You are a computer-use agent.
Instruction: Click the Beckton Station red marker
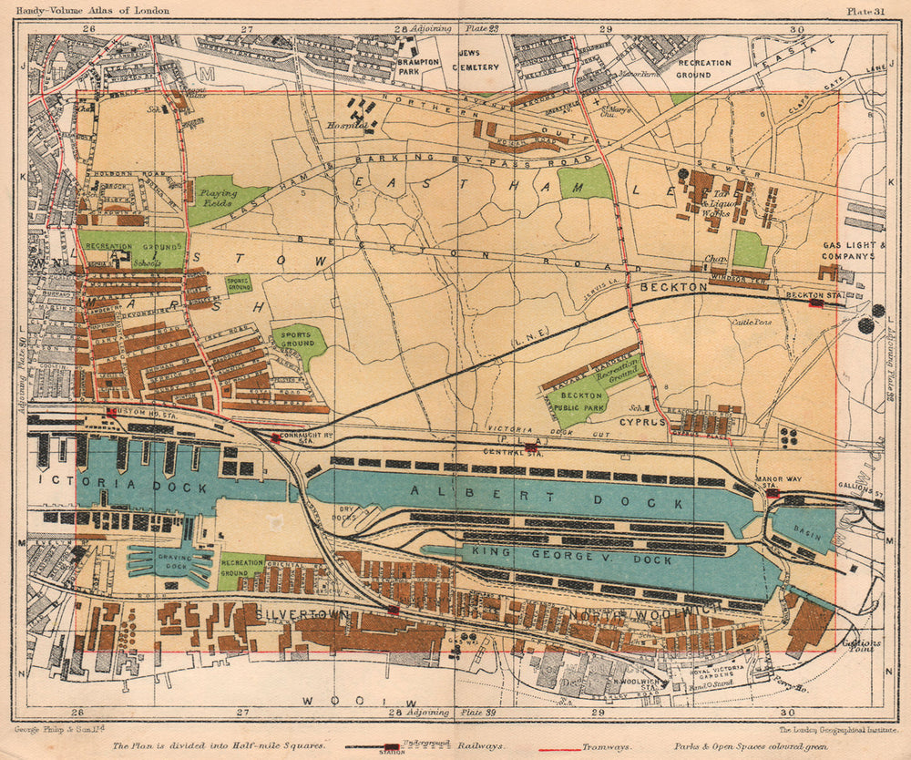(815, 303)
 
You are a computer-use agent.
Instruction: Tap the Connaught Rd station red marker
(275, 438)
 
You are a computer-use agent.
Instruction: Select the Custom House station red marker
(111, 414)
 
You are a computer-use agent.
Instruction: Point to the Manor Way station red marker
(773, 493)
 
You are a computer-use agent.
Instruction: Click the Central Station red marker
(531, 447)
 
